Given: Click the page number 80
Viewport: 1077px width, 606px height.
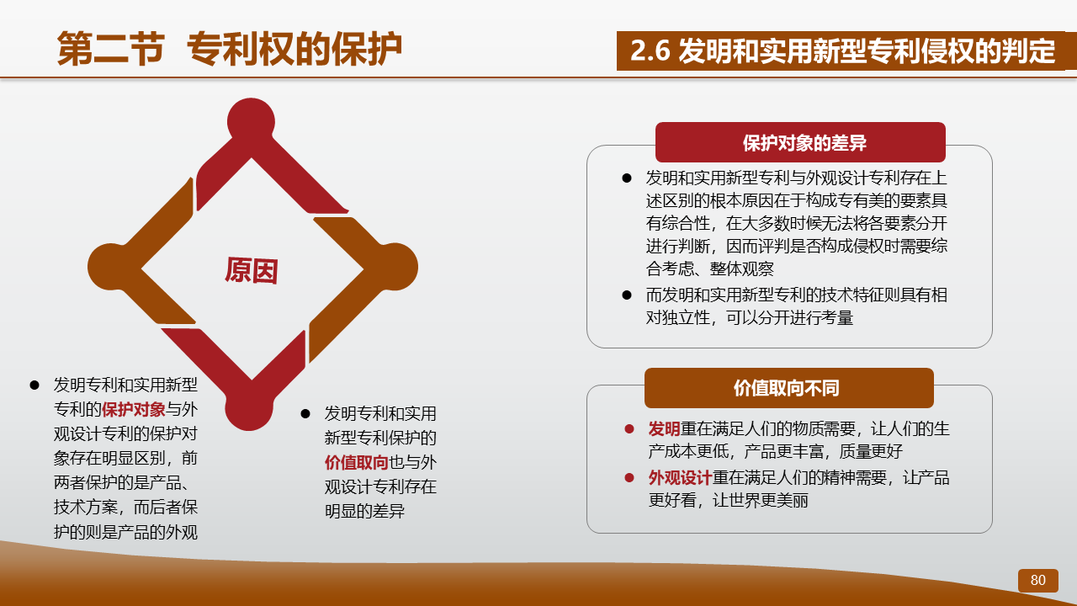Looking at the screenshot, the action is [x=1037, y=580].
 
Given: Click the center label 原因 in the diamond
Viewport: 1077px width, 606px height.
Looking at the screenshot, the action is [x=252, y=270].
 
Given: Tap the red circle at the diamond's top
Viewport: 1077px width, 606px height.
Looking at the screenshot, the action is [x=251, y=122].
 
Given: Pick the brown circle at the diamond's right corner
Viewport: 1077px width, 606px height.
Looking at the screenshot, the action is [x=395, y=267].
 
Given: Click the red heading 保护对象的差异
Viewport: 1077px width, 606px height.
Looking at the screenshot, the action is [x=804, y=143].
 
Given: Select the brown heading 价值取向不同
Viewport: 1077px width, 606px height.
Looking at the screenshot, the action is [x=786, y=388].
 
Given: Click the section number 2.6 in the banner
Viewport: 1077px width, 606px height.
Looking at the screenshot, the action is [x=650, y=50].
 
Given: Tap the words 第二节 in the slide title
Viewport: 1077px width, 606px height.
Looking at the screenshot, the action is [x=110, y=49].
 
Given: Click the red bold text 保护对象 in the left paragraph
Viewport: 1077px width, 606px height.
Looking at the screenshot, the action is [x=134, y=409].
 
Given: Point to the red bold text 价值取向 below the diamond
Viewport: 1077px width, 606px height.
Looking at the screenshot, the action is [x=356, y=462].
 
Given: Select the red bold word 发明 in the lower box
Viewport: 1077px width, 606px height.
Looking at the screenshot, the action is [x=664, y=428].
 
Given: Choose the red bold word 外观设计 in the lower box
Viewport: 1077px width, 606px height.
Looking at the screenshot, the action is [x=680, y=477].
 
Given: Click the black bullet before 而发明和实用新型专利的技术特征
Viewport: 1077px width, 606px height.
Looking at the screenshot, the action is [x=627, y=295].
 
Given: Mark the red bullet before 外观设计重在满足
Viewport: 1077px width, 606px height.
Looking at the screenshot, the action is [x=629, y=477].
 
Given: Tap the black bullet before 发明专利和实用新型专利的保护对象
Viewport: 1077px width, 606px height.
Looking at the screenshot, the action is [x=34, y=385].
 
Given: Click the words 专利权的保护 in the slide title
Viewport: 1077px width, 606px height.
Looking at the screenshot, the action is [x=294, y=49].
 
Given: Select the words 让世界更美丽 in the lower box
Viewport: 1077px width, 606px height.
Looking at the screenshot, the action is [x=760, y=500].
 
